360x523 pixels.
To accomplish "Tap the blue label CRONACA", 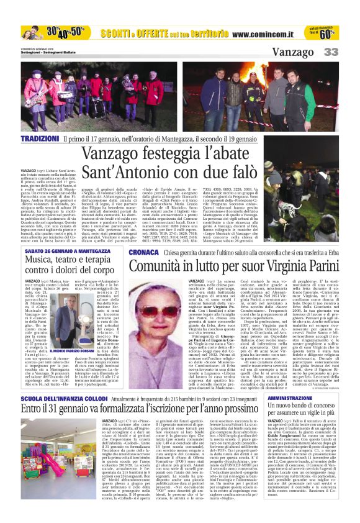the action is pos(143,252).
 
